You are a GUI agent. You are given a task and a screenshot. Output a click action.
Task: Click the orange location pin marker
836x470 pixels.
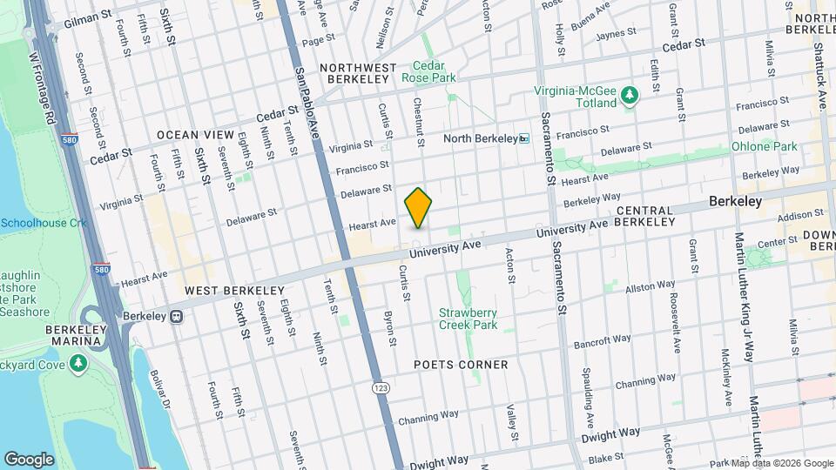[418, 207]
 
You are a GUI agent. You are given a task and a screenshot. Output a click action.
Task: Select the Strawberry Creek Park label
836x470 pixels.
[468, 319]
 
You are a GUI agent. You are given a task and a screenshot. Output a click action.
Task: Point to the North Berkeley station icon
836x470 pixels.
[523, 138]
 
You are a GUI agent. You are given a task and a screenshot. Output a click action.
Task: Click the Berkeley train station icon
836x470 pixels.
[177, 316]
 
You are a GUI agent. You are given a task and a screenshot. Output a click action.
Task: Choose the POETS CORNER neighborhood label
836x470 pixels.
[461, 365]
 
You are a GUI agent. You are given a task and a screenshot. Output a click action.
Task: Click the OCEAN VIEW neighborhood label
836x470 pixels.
[196, 135]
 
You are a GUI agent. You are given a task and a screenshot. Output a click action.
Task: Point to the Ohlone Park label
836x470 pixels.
[764, 146]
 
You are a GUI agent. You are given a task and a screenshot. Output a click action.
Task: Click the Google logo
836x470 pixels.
[29, 460]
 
